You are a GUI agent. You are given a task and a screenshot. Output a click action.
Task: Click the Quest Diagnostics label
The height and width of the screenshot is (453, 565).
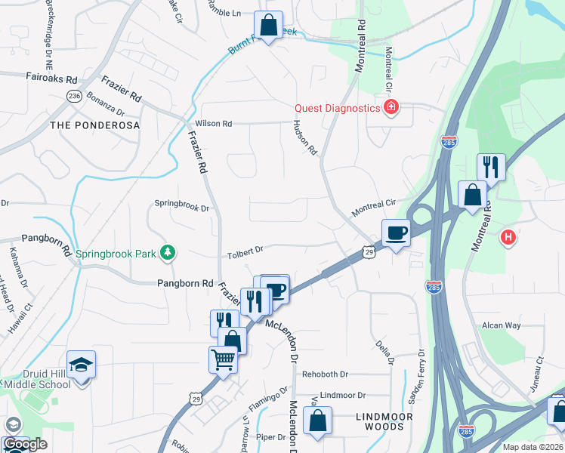tap(337, 108)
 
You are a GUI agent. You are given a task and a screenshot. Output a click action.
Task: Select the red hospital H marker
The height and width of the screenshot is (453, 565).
tap(509, 238)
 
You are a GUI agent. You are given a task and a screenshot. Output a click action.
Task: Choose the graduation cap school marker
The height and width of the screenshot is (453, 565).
tap(81, 365)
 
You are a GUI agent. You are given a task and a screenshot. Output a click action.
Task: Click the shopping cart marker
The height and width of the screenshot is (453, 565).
tap(224, 359)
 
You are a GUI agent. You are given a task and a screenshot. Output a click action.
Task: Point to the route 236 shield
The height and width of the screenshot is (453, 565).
tap(74, 97)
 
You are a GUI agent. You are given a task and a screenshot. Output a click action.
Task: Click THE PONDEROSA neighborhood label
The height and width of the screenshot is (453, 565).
tap(95, 125)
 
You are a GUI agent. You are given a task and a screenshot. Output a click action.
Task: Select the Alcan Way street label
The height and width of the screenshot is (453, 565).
tap(502, 325)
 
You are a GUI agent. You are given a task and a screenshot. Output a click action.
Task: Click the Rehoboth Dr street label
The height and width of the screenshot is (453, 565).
tap(325, 374)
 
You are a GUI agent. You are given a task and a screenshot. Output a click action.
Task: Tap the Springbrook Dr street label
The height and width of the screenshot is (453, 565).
tap(180, 204)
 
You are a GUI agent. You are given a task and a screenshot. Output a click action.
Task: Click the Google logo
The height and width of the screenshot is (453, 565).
tap(25, 445)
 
